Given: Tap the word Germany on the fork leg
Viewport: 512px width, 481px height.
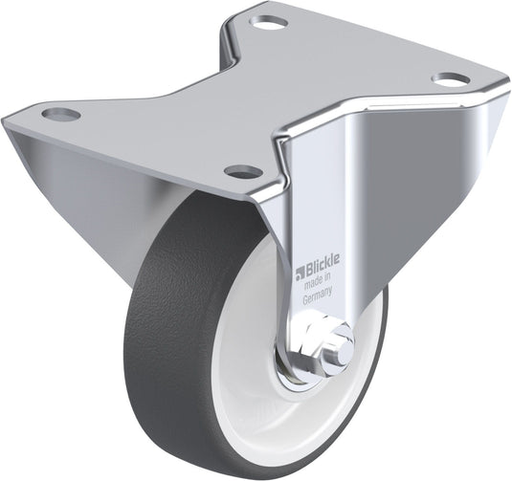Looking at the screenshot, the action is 318,295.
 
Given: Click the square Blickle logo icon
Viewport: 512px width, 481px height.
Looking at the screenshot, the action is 300,273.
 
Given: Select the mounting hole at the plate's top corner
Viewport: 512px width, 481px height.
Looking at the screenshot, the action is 268,23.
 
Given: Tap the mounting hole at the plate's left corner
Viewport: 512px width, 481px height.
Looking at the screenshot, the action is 61,114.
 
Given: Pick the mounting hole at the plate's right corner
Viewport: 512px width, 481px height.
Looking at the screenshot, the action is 451,79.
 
